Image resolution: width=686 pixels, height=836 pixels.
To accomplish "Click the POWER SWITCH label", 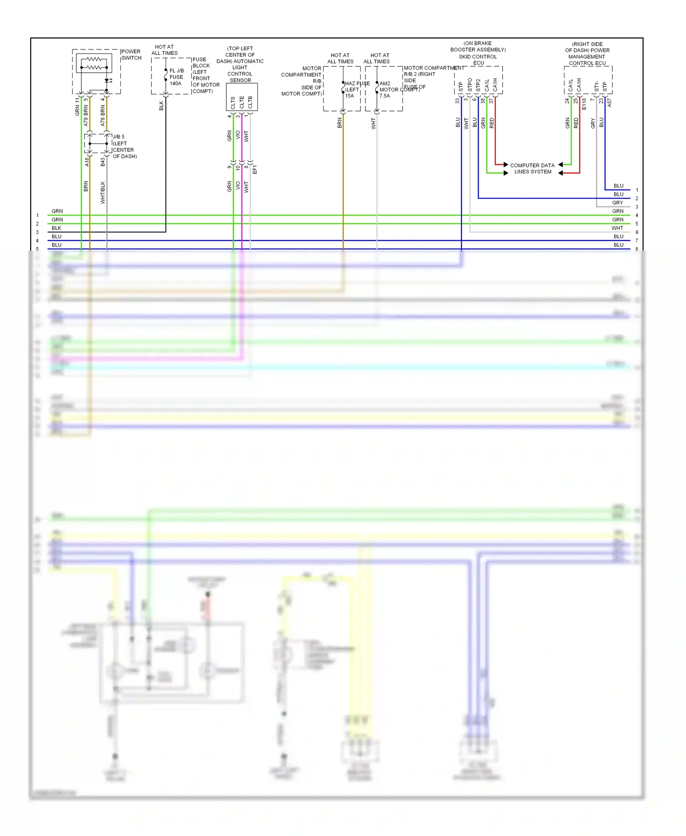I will [x=131, y=55].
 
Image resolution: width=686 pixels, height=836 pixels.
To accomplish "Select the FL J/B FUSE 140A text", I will [x=176, y=77].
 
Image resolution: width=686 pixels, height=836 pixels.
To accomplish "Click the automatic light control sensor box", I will [x=242, y=97].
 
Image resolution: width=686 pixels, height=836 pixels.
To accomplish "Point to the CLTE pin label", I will [x=242, y=102].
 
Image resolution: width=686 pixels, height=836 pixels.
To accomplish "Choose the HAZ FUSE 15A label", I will [x=357, y=90].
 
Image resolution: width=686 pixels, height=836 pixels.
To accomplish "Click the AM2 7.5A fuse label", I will [x=385, y=90].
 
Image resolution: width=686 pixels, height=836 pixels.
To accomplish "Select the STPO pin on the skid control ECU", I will [x=470, y=85].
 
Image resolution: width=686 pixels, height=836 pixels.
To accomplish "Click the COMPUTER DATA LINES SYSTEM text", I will [x=532, y=169].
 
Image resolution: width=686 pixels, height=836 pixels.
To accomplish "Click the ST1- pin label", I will [x=596, y=86].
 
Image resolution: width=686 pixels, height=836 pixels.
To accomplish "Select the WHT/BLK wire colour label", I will [x=103, y=193].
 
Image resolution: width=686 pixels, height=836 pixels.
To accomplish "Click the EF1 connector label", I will [x=255, y=169].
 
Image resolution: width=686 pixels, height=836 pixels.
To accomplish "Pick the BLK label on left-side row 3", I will [x=57, y=228].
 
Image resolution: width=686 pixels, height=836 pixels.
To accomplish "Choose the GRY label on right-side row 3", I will [x=617, y=203].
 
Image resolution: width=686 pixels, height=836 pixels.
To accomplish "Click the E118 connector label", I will [x=584, y=104].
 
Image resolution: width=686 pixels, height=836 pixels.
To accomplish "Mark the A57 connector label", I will [x=610, y=103].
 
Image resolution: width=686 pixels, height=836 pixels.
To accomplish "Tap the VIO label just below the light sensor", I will [x=238, y=135].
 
